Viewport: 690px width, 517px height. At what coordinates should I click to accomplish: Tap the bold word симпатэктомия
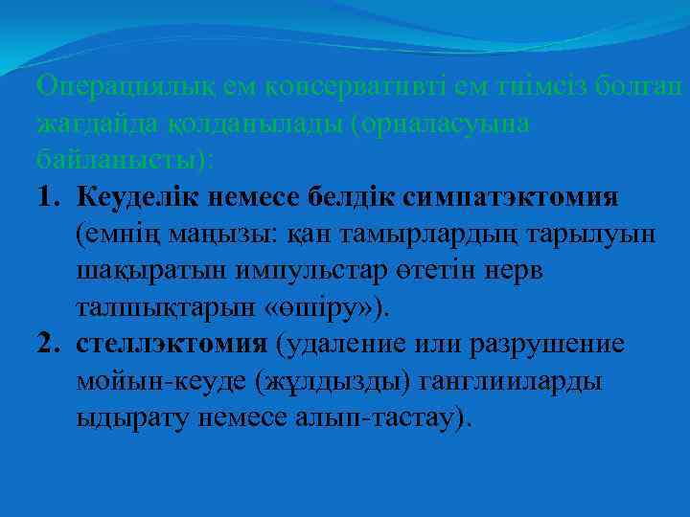click(x=512, y=197)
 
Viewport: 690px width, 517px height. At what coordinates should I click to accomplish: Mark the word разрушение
click(x=560, y=346)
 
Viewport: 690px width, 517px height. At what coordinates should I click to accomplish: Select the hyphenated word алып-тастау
click(x=383, y=419)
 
